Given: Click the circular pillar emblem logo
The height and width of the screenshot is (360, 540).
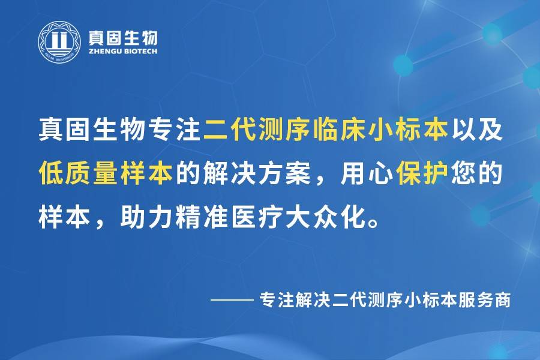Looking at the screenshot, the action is pyautogui.click(x=59, y=43).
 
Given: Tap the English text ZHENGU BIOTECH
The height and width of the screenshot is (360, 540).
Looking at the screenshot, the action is pyautogui.click(x=123, y=52).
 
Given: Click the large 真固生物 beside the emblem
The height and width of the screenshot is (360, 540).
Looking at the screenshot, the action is pyautogui.click(x=123, y=38).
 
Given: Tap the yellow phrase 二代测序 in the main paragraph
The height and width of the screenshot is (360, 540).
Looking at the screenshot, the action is pyautogui.click(x=257, y=130).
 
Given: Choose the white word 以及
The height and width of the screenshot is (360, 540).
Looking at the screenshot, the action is pyautogui.click(x=476, y=130).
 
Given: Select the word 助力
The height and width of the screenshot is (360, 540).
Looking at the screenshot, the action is pyautogui.click(x=147, y=217).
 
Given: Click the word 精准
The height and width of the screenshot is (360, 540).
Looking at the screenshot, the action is pyautogui.click(x=202, y=217).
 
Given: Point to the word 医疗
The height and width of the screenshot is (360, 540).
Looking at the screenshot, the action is pyautogui.click(x=257, y=217).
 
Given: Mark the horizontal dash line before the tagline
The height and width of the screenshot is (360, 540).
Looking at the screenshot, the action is pyautogui.click(x=232, y=300).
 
